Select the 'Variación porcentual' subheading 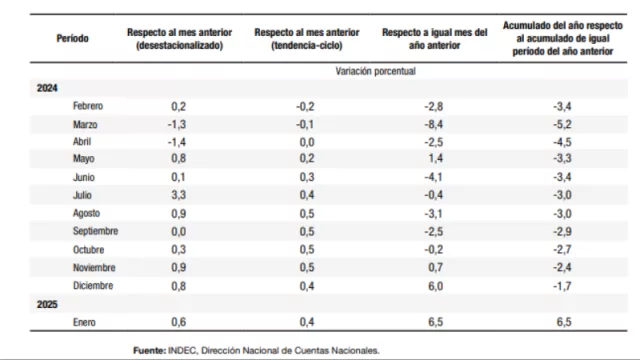click(x=375, y=72)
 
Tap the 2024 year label click(x=47, y=89)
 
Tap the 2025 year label click(x=47, y=303)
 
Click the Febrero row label click(x=88, y=106)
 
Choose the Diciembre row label click(x=92, y=285)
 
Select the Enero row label click(x=85, y=321)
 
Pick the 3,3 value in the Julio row click(x=178, y=195)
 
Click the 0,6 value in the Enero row click(x=178, y=321)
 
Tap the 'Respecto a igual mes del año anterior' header click(x=435, y=38)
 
